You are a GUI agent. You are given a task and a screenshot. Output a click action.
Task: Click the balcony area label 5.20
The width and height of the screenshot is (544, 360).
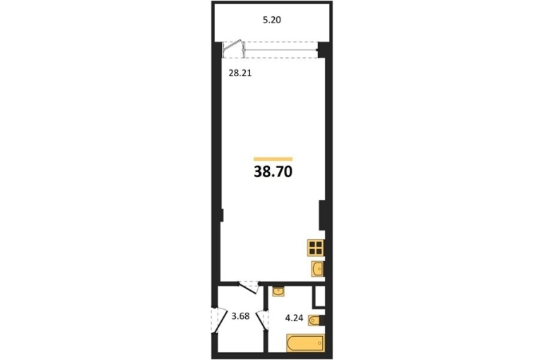coord(272,20)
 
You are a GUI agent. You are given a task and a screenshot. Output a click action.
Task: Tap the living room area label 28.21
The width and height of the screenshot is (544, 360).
coord(240,73)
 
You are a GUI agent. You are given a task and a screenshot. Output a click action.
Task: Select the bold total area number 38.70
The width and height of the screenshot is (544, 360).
coord(273,172)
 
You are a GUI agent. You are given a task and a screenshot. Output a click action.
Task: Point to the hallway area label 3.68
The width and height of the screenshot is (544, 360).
coord(240,316)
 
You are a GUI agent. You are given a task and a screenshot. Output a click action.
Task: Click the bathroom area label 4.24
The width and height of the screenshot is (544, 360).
coord(294,318)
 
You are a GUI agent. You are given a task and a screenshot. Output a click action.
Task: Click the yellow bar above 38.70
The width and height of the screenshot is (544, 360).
coord(273,159)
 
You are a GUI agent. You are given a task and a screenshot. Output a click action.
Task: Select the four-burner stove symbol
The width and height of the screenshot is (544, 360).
coord(316,248)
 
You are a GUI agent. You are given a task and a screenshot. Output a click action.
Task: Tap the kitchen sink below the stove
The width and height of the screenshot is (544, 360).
coord(317,269)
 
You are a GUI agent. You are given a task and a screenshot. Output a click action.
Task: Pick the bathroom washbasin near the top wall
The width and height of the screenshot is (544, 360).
coord(278,292)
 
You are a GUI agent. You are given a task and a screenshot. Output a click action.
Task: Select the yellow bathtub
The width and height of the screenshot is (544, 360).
coord(305,343)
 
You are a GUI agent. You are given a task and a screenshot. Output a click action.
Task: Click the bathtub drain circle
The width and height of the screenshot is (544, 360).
coord(320,343)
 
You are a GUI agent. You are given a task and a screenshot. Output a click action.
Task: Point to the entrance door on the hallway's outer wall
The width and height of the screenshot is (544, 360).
coord(215,320)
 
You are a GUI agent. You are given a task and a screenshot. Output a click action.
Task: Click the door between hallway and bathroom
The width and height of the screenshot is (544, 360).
coord(262,320)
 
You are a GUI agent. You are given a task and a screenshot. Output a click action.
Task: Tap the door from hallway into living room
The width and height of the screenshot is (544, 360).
coord(249,287)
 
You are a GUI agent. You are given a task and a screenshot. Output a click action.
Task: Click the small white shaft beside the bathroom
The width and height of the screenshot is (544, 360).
coord(320,296)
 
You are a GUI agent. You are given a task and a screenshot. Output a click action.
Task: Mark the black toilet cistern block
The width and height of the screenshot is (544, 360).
coord(323,320)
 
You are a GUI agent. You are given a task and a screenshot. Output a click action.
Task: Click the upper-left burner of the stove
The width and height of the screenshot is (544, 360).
coord(312,244)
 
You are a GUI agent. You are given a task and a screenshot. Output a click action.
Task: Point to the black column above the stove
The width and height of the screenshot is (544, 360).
coord(322,215)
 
